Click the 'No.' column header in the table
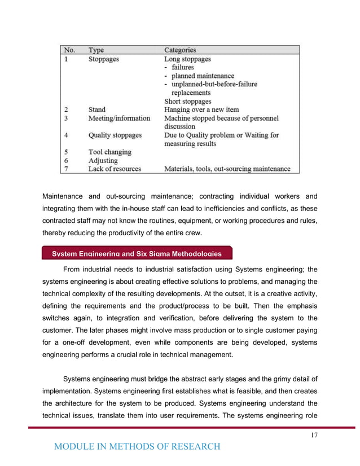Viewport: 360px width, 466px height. [x=69, y=50]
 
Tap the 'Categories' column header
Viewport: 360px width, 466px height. [x=180, y=50]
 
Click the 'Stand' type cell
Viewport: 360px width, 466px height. [x=96, y=109]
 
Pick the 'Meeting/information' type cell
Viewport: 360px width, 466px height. [x=119, y=118]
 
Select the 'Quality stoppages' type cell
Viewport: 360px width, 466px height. [x=115, y=135]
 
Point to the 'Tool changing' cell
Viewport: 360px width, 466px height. [x=109, y=152]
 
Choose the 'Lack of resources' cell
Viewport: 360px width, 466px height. [x=115, y=169]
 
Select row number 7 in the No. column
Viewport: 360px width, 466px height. [x=65, y=169]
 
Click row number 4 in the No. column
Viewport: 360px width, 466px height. [x=65, y=135]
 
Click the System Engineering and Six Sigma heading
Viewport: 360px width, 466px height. [x=133, y=253]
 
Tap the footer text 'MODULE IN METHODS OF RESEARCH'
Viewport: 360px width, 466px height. [x=137, y=447]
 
